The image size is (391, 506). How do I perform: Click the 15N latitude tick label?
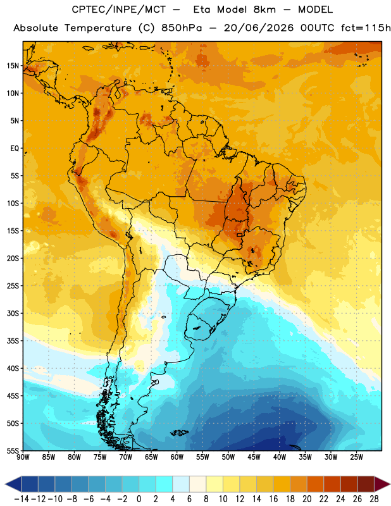pos(13,66)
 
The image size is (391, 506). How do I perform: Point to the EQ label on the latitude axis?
pos(15,149)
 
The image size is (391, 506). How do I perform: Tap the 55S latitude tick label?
pos(13,450)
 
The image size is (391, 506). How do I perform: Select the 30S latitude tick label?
pos(13,313)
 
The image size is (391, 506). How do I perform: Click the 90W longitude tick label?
pos(23,457)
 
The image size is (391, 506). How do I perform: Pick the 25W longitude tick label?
pos(356,457)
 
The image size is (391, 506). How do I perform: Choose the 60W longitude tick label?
pos(177,457)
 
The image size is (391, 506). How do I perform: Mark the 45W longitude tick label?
pos(254,457)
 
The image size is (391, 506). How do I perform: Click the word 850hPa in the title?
pos(182,28)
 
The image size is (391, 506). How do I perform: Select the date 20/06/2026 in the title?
pos(259,28)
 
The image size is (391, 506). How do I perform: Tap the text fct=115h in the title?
pos(366,28)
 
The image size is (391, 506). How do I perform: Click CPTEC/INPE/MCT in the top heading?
pos(119,9)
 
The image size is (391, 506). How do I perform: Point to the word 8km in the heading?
pos(264,9)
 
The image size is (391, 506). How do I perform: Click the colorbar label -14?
pos(22,499)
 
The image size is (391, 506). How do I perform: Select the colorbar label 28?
pos(374,499)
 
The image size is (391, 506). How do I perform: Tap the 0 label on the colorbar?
pos(139,499)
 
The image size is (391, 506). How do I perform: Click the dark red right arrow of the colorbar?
pos(382,484)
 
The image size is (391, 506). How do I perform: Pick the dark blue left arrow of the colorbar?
pos(13,484)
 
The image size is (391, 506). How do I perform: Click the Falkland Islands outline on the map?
pos(179,433)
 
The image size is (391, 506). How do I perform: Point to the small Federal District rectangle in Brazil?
pos(240,235)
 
